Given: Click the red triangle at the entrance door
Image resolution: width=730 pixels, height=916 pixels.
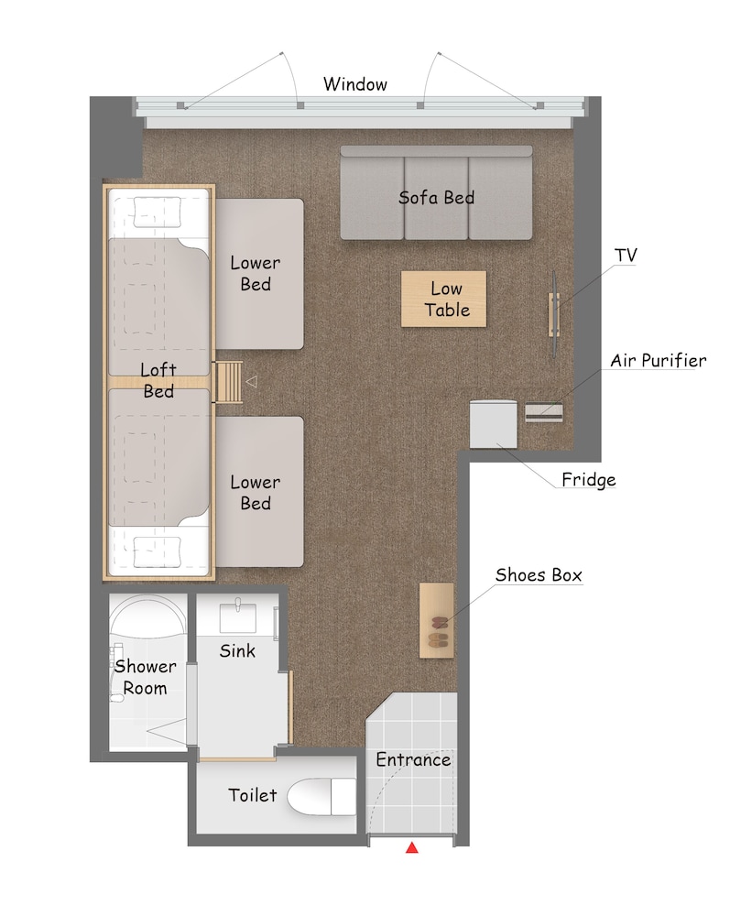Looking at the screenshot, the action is pos(412,847).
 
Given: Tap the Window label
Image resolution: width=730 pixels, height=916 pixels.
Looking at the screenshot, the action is pos(355,84).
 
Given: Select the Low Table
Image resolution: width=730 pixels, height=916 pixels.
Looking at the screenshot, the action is pos(444,299).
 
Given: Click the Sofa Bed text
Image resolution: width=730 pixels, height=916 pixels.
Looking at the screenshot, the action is pos(436,198).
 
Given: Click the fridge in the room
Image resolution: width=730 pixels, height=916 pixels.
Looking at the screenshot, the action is pos(494,424).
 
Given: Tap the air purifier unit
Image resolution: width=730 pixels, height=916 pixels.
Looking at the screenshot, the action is pos(544,412).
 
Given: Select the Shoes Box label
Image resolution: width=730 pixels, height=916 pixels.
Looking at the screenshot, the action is pos(539,575).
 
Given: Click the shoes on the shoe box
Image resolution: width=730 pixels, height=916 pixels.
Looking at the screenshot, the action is pos(438,632).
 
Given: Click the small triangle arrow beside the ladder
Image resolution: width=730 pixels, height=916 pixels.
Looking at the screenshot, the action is pos(251,381).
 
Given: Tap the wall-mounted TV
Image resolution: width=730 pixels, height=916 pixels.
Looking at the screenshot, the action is pos(554,313).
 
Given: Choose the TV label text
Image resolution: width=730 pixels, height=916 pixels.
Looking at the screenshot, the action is pos(626,256).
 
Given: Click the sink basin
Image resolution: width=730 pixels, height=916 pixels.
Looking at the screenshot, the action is pos(238,616).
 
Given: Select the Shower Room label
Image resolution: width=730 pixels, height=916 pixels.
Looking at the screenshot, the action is pos(145,677).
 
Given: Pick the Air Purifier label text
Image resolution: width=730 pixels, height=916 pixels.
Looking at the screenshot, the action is pos(659,360).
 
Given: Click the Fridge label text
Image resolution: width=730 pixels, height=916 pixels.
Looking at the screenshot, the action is pos(589,480).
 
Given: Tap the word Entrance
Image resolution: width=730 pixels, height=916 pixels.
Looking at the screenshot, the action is pos(413,759).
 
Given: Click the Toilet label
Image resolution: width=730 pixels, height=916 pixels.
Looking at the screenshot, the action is pos(252,795).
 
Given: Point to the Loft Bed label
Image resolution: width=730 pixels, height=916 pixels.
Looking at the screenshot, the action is pos(158,380).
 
